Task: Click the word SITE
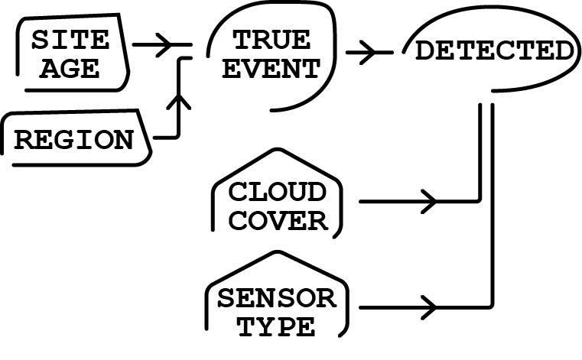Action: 70,40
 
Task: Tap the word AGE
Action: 70,69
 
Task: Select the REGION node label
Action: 73,140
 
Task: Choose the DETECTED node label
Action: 493,51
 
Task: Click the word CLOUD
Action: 278,191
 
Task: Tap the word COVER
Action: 278,221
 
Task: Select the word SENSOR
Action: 276,297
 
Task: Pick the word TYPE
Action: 276,326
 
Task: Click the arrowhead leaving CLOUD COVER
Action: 428,202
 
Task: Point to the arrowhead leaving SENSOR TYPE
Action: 428,308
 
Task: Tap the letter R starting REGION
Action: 24,140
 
